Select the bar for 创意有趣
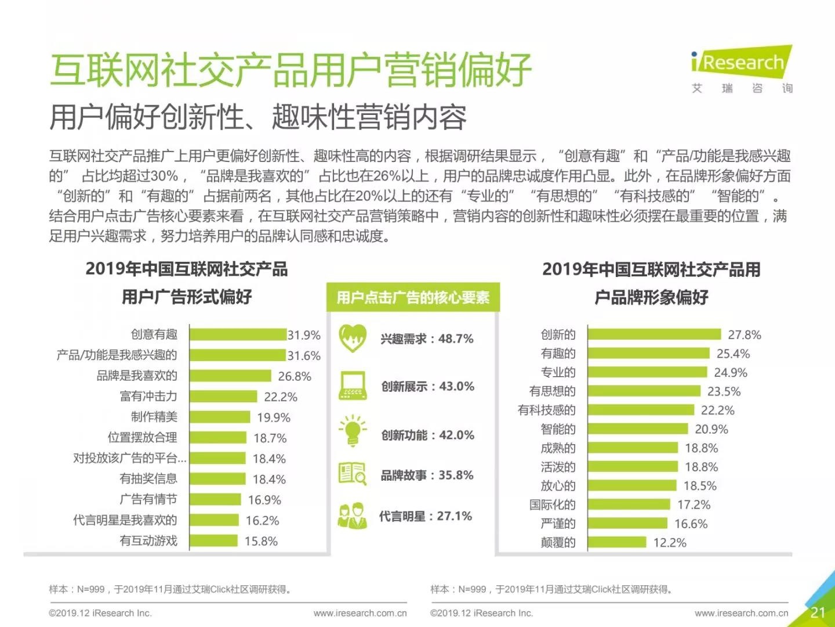(238, 334)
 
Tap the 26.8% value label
(295, 376)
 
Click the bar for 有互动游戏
(213, 541)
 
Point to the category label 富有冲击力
(148, 397)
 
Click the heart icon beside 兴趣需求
(353, 338)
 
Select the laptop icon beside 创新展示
(353, 385)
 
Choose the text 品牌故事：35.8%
(427, 475)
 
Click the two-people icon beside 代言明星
(353, 516)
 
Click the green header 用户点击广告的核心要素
(413, 298)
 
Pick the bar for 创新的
(655, 334)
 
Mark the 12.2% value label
(670, 543)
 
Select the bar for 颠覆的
(617, 542)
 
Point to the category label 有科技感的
(547, 410)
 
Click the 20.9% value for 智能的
(711, 430)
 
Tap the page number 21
(818, 612)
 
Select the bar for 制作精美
(220, 417)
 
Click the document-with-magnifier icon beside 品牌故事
(353, 474)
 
